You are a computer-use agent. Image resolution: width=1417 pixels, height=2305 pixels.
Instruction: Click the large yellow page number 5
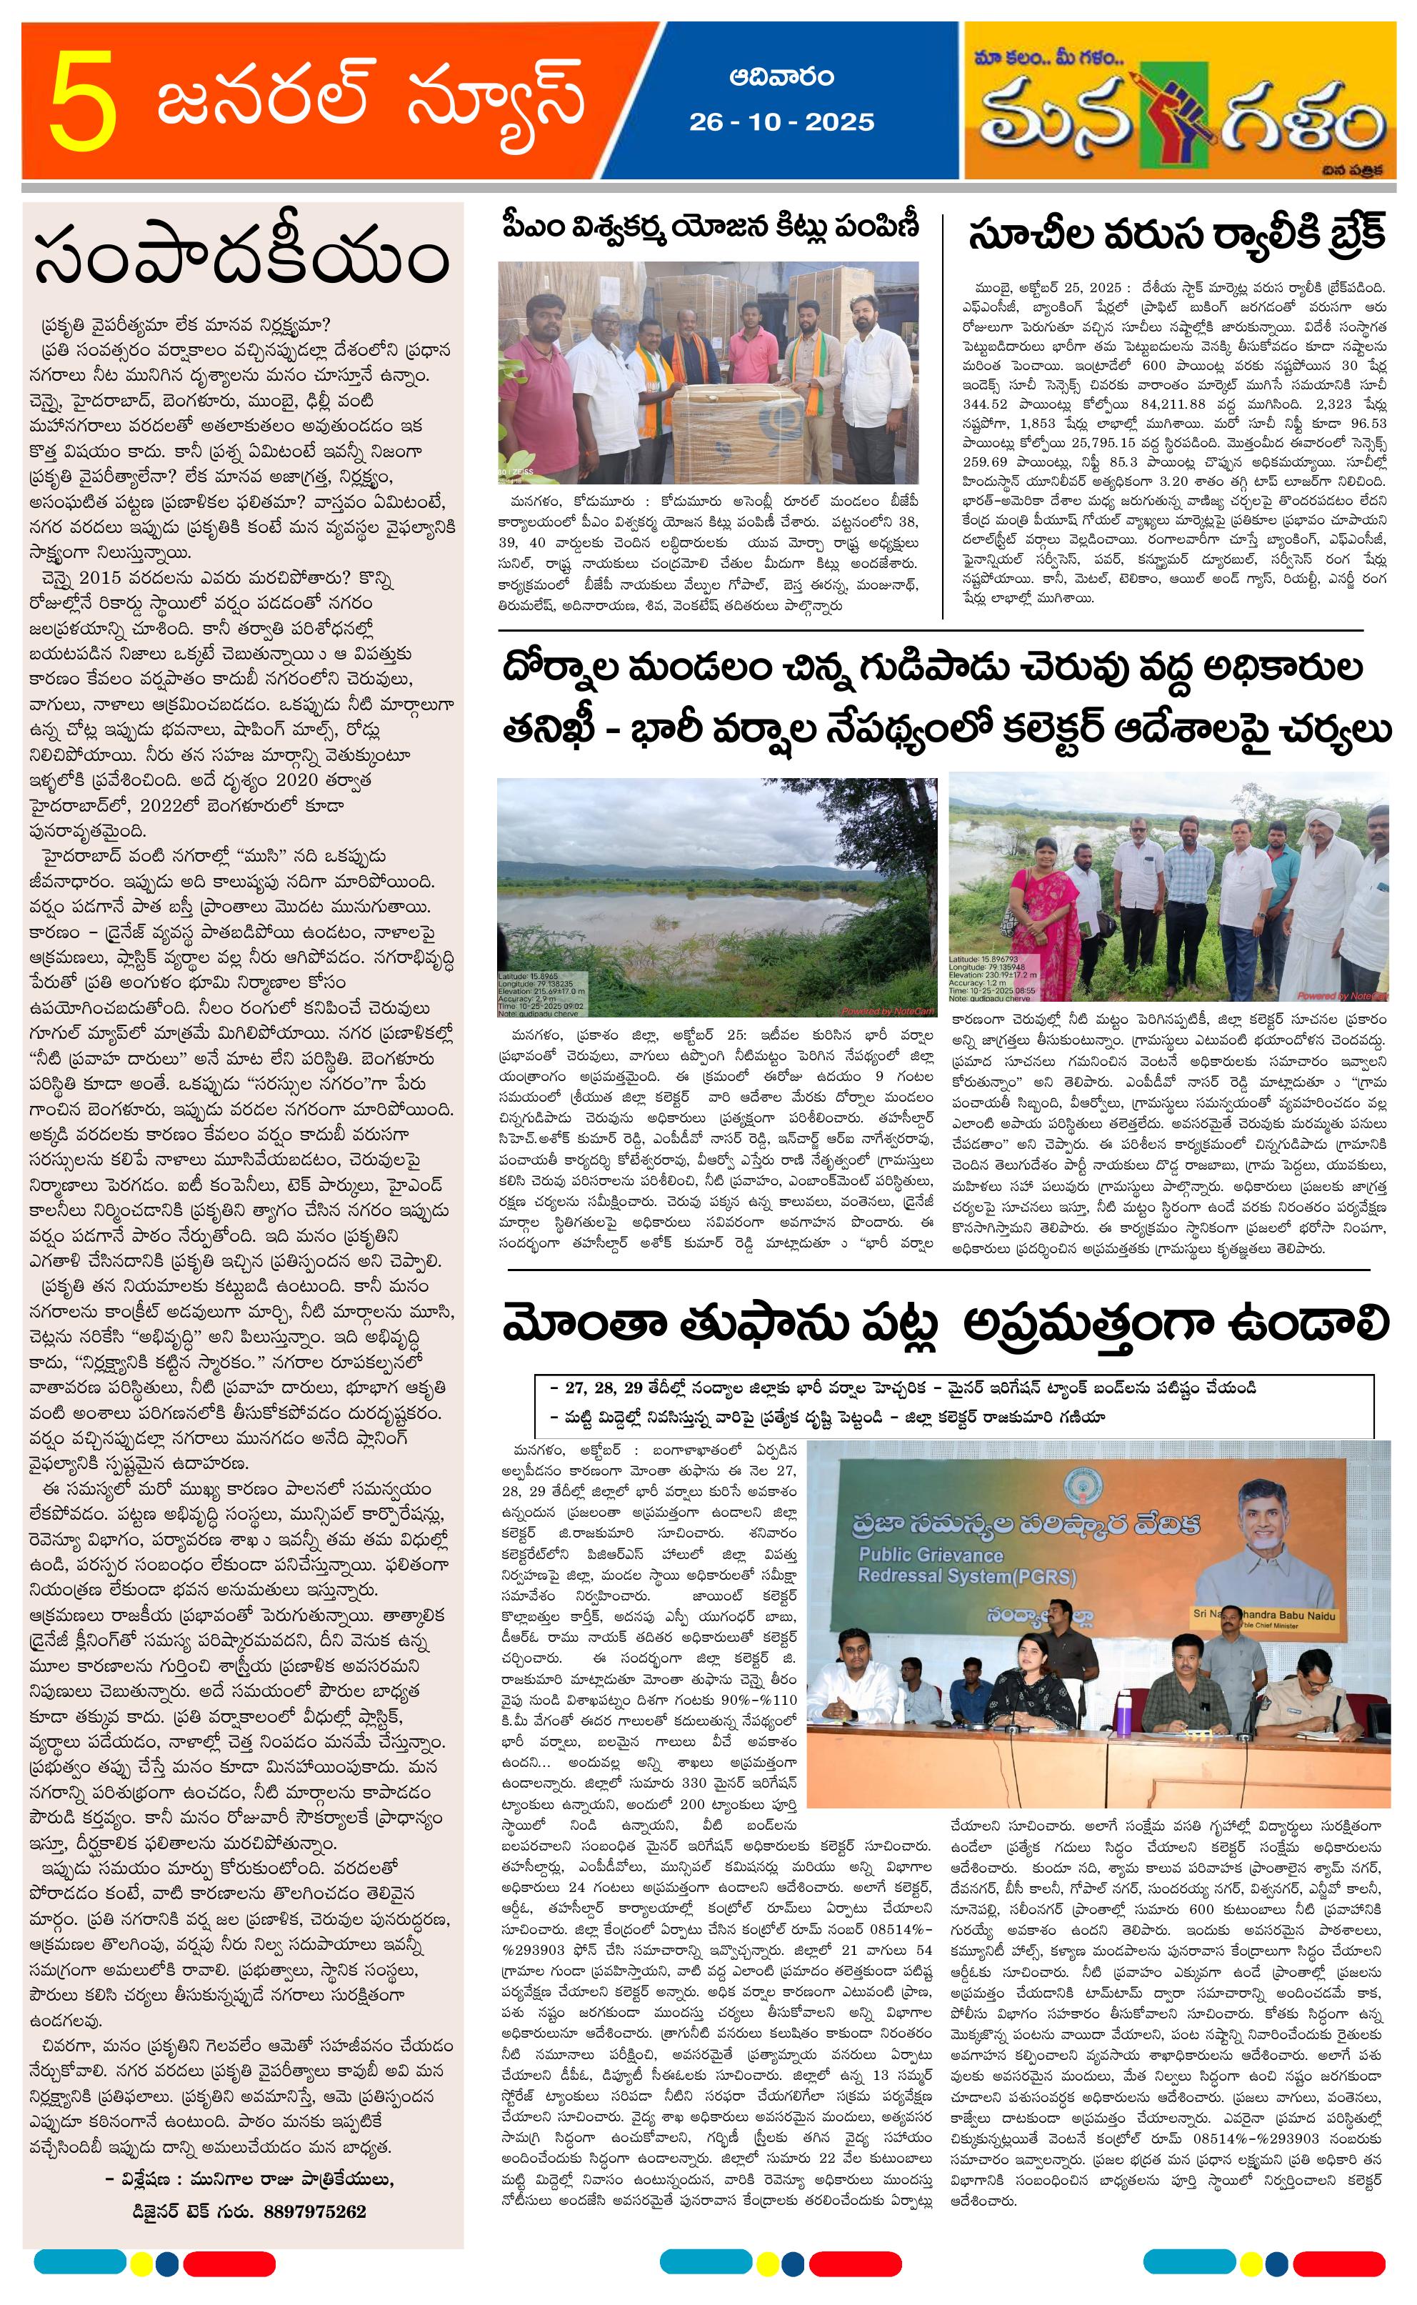click(x=85, y=102)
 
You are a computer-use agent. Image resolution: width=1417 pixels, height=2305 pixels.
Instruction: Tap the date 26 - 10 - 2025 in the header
click(x=781, y=123)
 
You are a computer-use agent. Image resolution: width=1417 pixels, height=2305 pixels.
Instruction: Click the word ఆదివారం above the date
click(x=781, y=77)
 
